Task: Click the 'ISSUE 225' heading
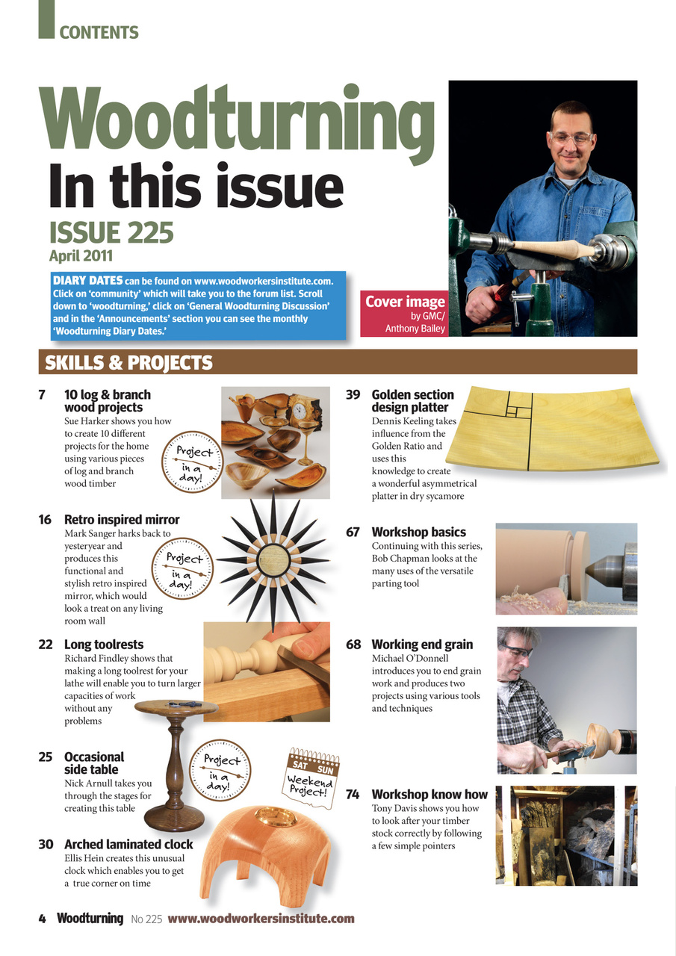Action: (x=111, y=232)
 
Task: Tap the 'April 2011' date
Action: (x=81, y=256)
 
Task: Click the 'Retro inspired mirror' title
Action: (x=122, y=519)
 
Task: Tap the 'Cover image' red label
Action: (x=405, y=302)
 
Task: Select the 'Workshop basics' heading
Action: (x=418, y=532)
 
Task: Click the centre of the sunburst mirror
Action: (x=272, y=559)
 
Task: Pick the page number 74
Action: (x=353, y=794)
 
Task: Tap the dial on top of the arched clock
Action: (x=276, y=815)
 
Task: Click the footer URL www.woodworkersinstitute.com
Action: (x=261, y=919)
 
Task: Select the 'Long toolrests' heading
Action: (x=104, y=644)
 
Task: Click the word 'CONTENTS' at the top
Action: (x=99, y=33)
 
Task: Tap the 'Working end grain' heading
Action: (x=422, y=644)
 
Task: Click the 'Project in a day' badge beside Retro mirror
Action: (x=184, y=568)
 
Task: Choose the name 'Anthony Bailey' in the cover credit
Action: (x=415, y=328)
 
